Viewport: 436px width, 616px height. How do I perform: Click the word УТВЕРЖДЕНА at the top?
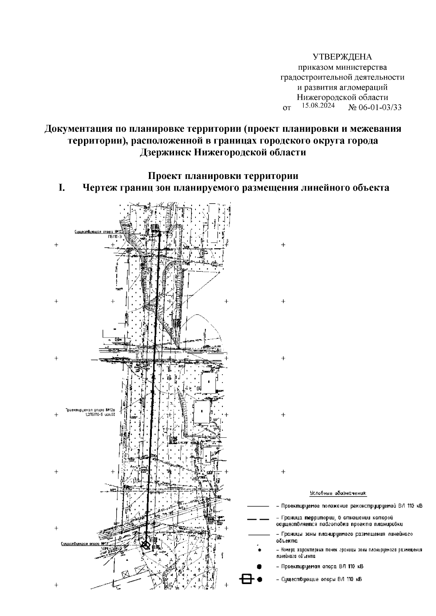click(x=342, y=57)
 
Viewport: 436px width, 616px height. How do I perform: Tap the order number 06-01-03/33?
click(x=380, y=107)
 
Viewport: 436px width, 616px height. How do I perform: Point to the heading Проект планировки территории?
click(x=223, y=176)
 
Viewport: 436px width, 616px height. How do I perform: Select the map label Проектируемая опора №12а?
click(x=88, y=409)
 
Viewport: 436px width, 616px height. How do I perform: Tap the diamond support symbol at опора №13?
click(x=146, y=545)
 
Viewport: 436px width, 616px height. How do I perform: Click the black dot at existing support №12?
click(x=159, y=235)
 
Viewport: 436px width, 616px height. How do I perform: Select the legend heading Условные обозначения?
click(x=338, y=494)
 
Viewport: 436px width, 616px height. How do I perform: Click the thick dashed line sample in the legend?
click(x=258, y=520)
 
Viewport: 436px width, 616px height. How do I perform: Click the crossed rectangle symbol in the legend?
click(x=247, y=579)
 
